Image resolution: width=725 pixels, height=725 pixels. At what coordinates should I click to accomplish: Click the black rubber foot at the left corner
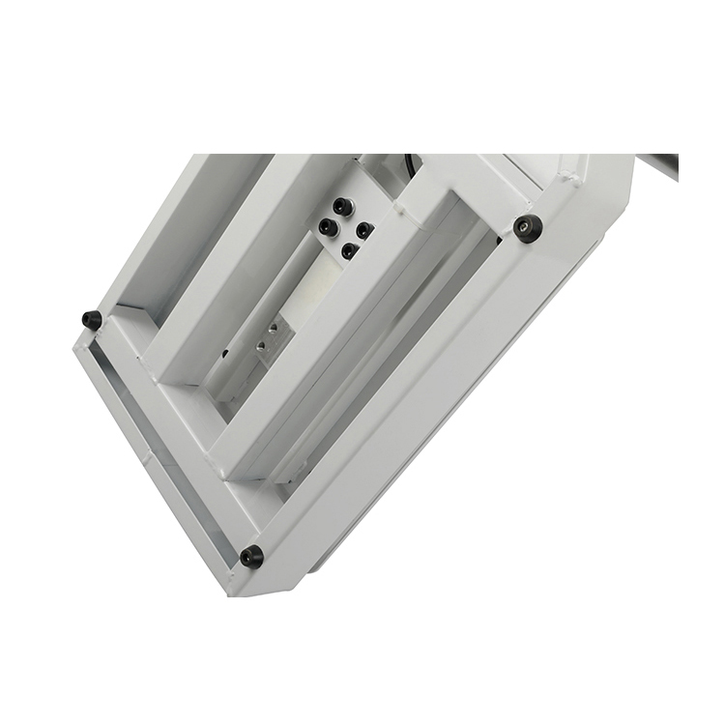pos(93,319)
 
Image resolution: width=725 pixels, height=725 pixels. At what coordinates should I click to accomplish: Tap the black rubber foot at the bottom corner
pos(251,557)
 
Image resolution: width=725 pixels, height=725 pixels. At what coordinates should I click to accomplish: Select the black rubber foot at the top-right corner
pos(528,229)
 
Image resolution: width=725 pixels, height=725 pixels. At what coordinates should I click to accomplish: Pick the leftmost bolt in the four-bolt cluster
pos(328,227)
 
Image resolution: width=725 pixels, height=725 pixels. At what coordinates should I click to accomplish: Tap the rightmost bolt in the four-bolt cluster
pos(363,230)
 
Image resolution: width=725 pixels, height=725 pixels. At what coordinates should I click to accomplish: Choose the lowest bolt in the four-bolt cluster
pos(349,250)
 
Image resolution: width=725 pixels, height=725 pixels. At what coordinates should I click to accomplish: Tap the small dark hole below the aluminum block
pos(226,354)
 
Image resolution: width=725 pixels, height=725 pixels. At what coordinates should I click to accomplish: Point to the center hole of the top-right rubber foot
pos(528,229)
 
